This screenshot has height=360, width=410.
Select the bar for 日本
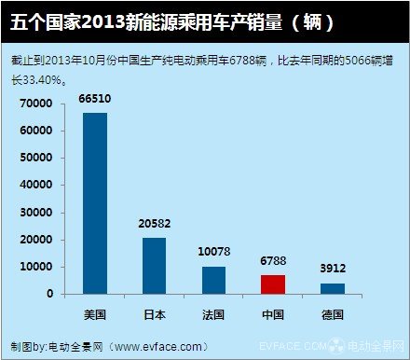coord(154,266)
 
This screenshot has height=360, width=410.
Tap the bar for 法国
coord(213,280)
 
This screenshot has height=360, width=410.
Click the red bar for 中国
coord(272,284)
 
